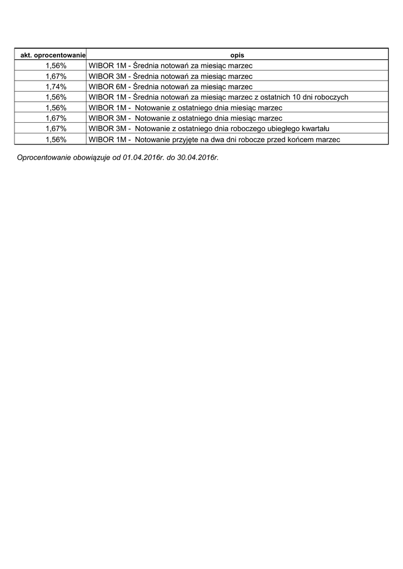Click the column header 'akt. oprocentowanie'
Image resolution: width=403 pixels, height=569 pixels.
tap(51, 55)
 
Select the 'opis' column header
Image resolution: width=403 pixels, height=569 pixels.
tap(237, 55)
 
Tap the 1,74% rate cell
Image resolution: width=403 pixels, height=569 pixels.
tap(56, 87)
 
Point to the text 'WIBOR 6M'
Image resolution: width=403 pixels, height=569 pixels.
tap(107, 87)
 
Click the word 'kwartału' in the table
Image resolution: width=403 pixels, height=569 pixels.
tap(315, 129)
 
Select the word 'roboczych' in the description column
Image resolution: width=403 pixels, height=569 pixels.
tap(332, 97)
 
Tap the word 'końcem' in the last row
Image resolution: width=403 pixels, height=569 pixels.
tap(299, 139)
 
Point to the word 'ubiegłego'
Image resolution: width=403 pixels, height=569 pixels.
tap(283, 129)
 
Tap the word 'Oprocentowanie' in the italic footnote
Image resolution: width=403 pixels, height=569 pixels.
tap(44, 158)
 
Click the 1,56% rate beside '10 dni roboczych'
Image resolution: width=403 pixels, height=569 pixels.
tap(56, 97)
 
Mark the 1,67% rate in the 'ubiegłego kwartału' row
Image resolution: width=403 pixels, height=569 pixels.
tap(56, 129)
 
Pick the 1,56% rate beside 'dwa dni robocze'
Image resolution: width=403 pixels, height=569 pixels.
tap(56, 139)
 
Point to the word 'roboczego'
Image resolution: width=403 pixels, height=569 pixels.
tap(248, 129)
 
